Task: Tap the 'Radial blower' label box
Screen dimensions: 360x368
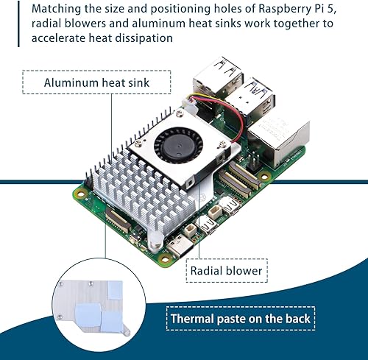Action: click(x=226, y=270)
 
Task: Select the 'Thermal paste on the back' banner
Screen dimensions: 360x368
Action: click(x=241, y=319)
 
